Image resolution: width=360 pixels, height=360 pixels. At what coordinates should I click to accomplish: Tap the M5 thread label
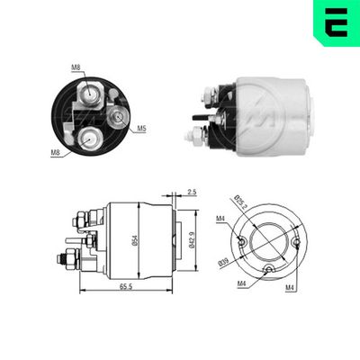142,130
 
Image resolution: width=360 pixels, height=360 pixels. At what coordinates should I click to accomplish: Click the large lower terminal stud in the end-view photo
90,137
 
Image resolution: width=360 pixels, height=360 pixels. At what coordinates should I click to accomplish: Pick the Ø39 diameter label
224,262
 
